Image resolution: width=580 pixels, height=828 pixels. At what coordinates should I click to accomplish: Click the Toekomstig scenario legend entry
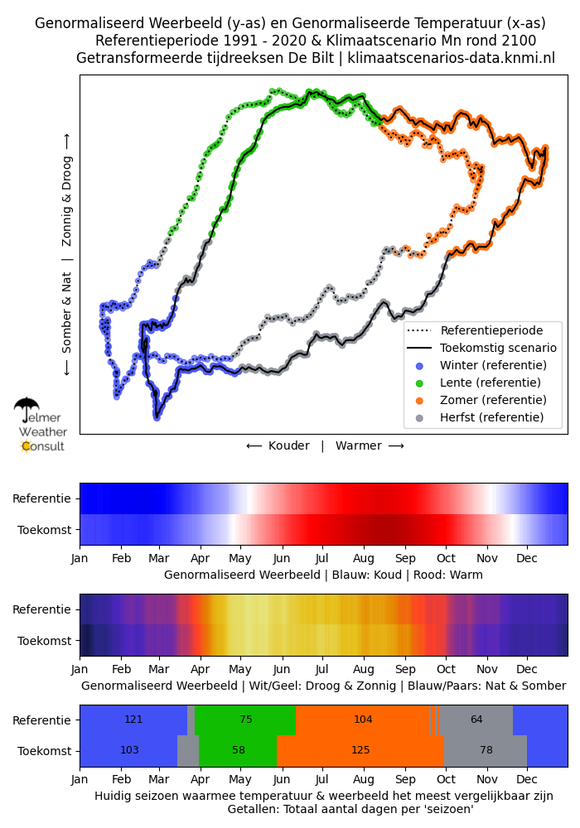481,348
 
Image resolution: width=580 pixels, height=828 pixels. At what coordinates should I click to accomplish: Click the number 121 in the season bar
133,720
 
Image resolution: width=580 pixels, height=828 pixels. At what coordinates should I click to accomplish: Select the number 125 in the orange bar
360,750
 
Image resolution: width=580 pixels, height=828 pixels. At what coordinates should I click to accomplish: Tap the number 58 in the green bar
239,750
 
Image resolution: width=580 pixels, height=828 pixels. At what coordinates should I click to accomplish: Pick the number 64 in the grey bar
476,720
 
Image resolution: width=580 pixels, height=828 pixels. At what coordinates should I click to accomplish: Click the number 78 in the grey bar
486,750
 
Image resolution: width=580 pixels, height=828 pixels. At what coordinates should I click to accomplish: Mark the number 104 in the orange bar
363,720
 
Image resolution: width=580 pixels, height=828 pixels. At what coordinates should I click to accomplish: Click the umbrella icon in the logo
27,407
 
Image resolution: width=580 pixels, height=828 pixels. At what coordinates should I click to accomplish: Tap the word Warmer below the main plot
359,445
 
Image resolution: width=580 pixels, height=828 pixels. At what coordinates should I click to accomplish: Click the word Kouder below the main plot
289,445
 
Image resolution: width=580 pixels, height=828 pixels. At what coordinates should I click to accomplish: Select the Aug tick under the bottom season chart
364,780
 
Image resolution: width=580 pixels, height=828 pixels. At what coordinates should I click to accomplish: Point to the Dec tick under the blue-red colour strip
527,559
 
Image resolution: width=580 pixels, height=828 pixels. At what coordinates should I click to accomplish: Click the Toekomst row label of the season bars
45,751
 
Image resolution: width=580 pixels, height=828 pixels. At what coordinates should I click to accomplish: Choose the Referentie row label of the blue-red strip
41,498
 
